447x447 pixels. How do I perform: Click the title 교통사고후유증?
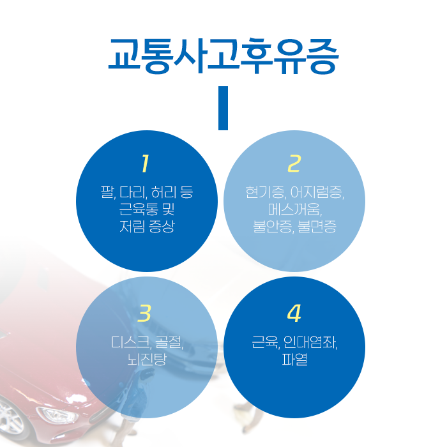coord(223,56)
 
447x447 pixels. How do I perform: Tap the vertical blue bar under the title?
coord(223,108)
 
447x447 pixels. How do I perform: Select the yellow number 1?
coord(146,164)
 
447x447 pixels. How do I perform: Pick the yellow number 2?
coord(294,164)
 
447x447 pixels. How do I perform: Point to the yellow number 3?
coord(146,314)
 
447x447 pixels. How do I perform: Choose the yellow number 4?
coord(294,314)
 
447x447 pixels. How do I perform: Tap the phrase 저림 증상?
coord(146,226)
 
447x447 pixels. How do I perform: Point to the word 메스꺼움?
coord(293,209)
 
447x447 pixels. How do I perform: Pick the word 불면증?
coord(319,226)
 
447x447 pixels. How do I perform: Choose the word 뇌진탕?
coord(146,360)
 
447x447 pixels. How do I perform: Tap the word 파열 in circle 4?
coord(294,360)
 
